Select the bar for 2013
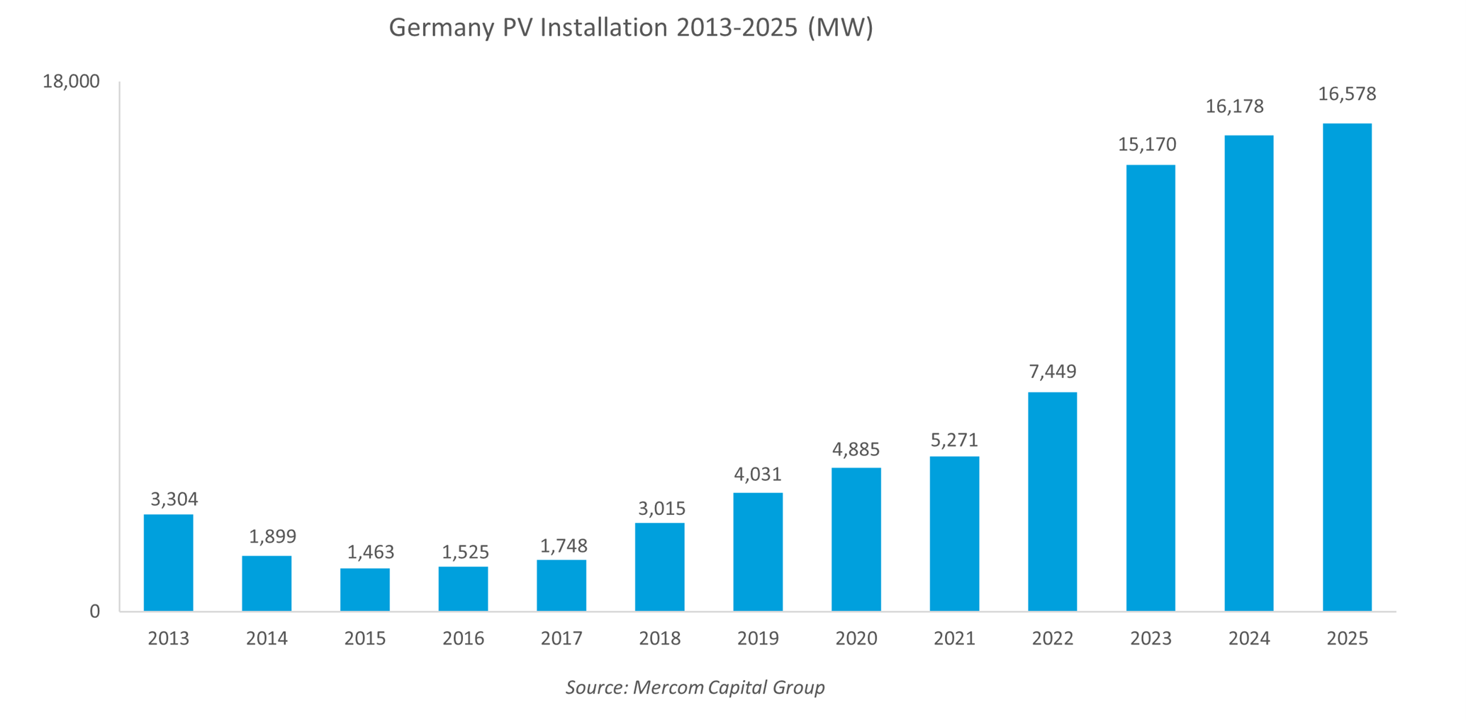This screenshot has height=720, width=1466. (x=168, y=563)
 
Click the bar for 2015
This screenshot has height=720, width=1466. (x=364, y=589)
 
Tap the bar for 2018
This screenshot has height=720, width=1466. (x=659, y=567)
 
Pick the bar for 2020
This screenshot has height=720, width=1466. (x=856, y=539)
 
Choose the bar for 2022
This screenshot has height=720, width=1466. (x=1052, y=502)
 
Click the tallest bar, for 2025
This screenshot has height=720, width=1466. (x=1347, y=367)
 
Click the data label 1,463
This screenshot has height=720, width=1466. (x=370, y=552)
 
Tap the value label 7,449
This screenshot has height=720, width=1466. (x=1052, y=371)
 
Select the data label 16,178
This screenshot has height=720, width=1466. (x=1234, y=106)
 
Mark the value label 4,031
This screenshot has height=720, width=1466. (x=757, y=474)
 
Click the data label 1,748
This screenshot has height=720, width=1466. (x=564, y=545)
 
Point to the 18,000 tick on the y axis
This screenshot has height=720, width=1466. (x=71, y=82)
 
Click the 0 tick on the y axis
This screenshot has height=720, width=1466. (x=94, y=612)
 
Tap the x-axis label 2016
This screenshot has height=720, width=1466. (x=463, y=638)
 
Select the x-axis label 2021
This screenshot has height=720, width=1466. (x=954, y=638)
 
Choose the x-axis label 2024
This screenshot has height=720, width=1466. (x=1248, y=638)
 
